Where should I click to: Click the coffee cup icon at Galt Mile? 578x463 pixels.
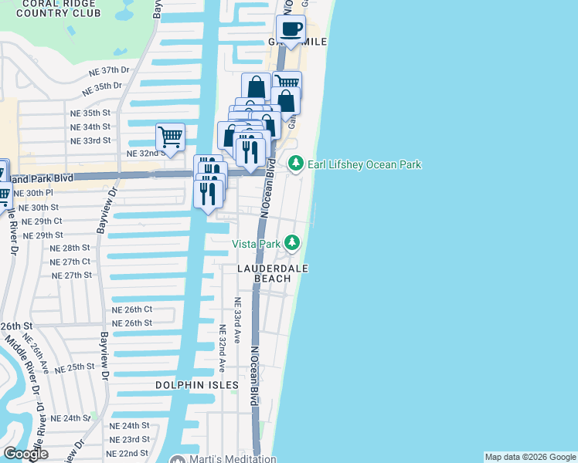click(291, 30)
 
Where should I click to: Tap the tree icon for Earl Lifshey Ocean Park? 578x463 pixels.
click(294, 164)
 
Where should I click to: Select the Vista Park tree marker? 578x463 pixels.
click(291, 244)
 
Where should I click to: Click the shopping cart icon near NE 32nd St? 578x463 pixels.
click(170, 137)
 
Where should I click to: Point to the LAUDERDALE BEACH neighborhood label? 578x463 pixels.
click(273, 273)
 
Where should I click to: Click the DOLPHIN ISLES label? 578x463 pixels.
click(197, 384)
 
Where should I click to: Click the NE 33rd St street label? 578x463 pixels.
click(90, 140)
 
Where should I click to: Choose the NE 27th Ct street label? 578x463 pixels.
click(70, 262)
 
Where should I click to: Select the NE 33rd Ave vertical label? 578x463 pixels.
click(238, 321)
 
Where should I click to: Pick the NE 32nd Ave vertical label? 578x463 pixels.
click(222, 347)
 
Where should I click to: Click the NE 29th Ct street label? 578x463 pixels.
click(42, 221)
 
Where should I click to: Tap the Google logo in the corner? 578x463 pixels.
click(25, 454)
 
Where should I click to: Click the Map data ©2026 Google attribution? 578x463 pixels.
click(529, 457)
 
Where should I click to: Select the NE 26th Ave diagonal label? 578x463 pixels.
click(36, 352)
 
